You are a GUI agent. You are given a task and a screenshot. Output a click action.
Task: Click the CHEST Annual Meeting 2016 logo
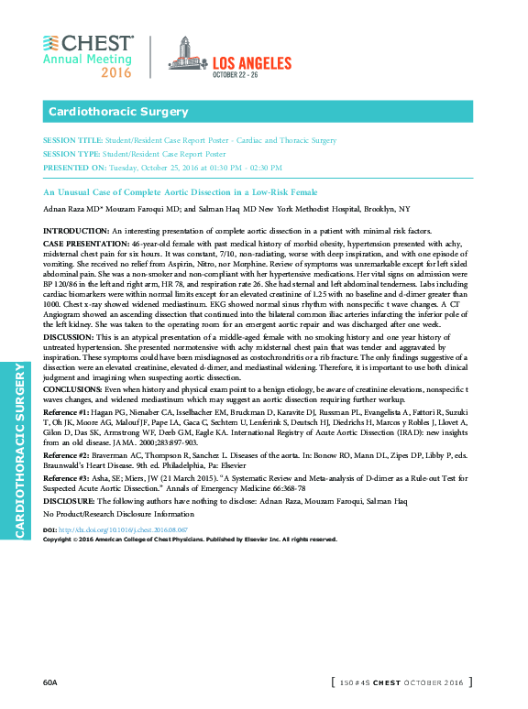88,56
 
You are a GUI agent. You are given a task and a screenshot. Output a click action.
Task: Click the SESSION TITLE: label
71,141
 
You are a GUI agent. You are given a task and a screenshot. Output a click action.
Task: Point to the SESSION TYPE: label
71,155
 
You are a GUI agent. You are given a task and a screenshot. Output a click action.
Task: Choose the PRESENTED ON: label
73,169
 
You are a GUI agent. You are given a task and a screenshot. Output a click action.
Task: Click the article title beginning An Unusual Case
181,192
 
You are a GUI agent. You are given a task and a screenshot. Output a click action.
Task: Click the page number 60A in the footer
49,682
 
